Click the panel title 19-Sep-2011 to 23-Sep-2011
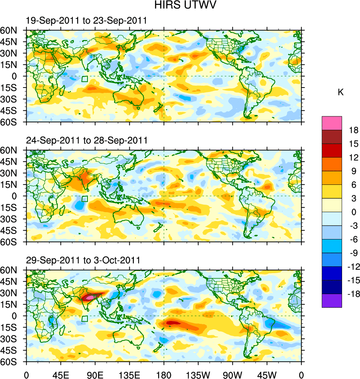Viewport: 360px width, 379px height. [86, 21]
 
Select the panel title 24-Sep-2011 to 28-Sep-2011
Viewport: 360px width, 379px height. [86, 141]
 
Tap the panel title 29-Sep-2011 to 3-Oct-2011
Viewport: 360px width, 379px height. [83, 260]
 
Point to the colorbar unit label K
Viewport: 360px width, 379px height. [341, 92]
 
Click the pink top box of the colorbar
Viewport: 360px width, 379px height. [332, 123]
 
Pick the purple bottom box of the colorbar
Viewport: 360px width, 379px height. [332, 300]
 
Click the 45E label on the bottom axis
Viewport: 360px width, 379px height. [61, 374]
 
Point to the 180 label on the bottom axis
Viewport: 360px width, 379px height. [164, 374]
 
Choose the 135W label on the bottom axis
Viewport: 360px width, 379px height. [198, 374]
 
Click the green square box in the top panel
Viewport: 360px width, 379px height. [84, 79]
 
